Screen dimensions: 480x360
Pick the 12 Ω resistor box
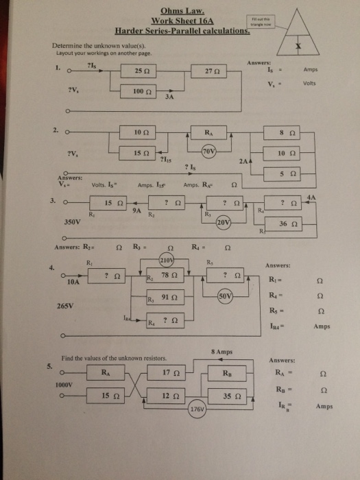[171, 396]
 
